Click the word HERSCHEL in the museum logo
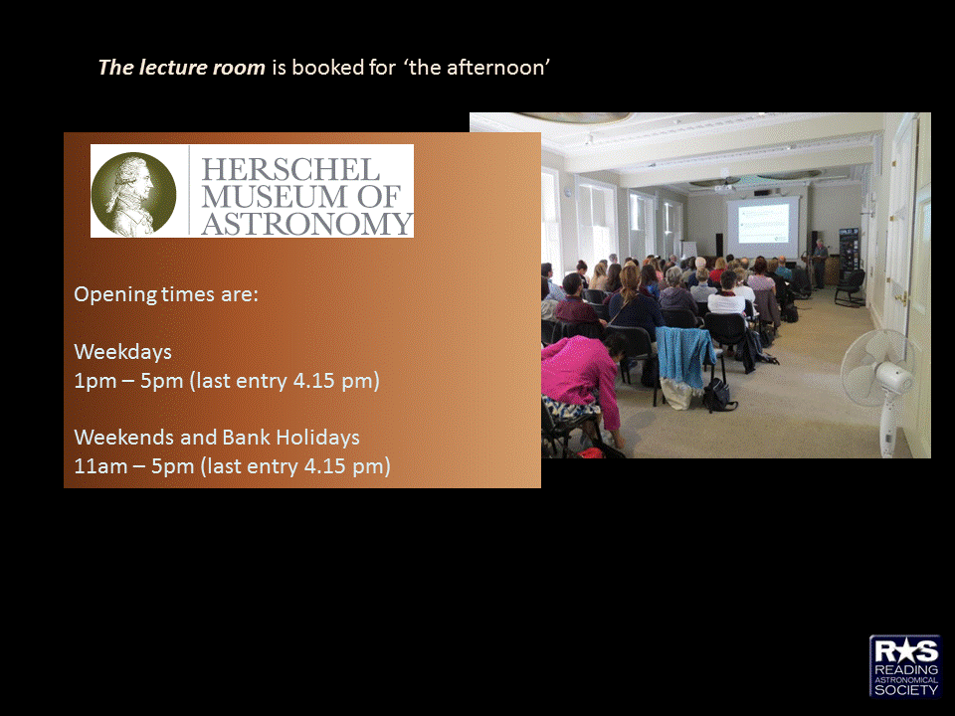290,169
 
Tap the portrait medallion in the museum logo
133,194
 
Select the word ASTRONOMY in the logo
307,223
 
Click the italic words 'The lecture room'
181,67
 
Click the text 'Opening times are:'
166,294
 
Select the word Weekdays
122,351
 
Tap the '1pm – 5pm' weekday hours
128,381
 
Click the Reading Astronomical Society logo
905,666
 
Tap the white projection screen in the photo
763,227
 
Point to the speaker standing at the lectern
821,263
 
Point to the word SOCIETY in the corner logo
905,690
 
